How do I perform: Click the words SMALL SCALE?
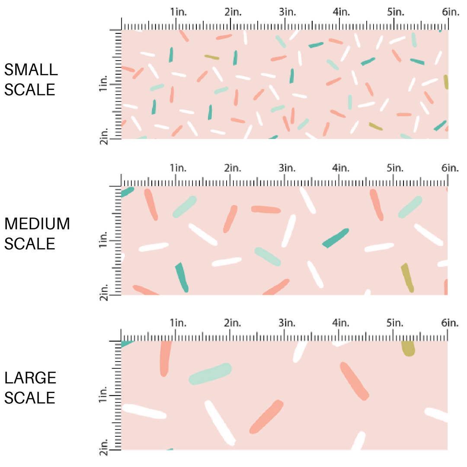[x=30, y=80]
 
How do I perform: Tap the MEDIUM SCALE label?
[x=37, y=233]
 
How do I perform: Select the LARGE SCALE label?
[x=30, y=387]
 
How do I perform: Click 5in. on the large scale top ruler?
[x=396, y=323]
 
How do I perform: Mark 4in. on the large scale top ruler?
[x=341, y=323]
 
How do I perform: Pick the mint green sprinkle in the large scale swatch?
[x=210, y=374]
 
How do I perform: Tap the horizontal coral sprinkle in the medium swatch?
[x=266, y=210]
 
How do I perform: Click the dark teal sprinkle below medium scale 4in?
[x=336, y=237]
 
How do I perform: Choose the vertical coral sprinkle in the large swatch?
[x=165, y=358]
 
